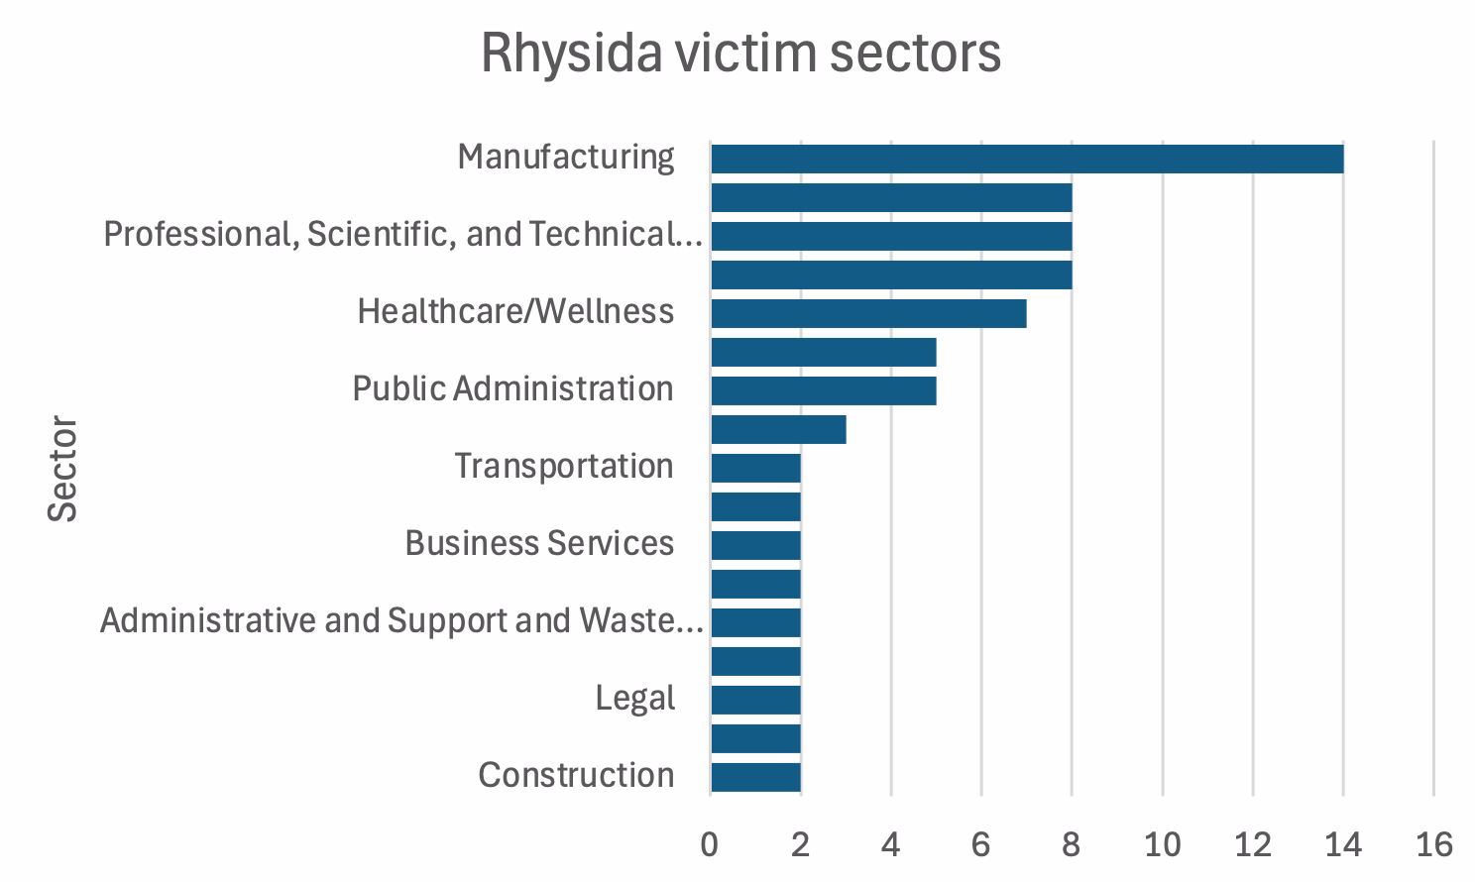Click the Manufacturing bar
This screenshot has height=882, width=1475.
(x=1027, y=160)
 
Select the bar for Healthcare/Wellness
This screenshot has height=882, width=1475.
(x=868, y=313)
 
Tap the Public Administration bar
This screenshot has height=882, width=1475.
(x=824, y=391)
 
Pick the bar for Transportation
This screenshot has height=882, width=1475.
(x=756, y=468)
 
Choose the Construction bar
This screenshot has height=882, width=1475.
(x=756, y=777)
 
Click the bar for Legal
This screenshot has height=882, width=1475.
(x=756, y=700)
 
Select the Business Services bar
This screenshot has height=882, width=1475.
(x=756, y=545)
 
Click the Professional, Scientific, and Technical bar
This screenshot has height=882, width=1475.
(x=891, y=236)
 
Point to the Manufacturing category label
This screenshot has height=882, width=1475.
(x=566, y=158)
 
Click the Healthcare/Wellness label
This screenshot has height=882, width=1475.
(x=515, y=311)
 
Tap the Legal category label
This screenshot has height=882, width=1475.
(x=634, y=699)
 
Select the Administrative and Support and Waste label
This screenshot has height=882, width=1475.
(x=401, y=620)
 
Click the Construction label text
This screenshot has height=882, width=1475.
(x=576, y=775)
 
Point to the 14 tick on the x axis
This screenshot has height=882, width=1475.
(x=1343, y=844)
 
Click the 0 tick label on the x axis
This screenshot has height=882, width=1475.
(x=709, y=844)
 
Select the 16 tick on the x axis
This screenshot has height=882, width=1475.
(x=1434, y=844)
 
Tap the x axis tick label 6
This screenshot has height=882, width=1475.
(x=980, y=844)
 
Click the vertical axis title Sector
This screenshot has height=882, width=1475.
(x=62, y=469)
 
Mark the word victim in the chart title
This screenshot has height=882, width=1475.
(x=745, y=53)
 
